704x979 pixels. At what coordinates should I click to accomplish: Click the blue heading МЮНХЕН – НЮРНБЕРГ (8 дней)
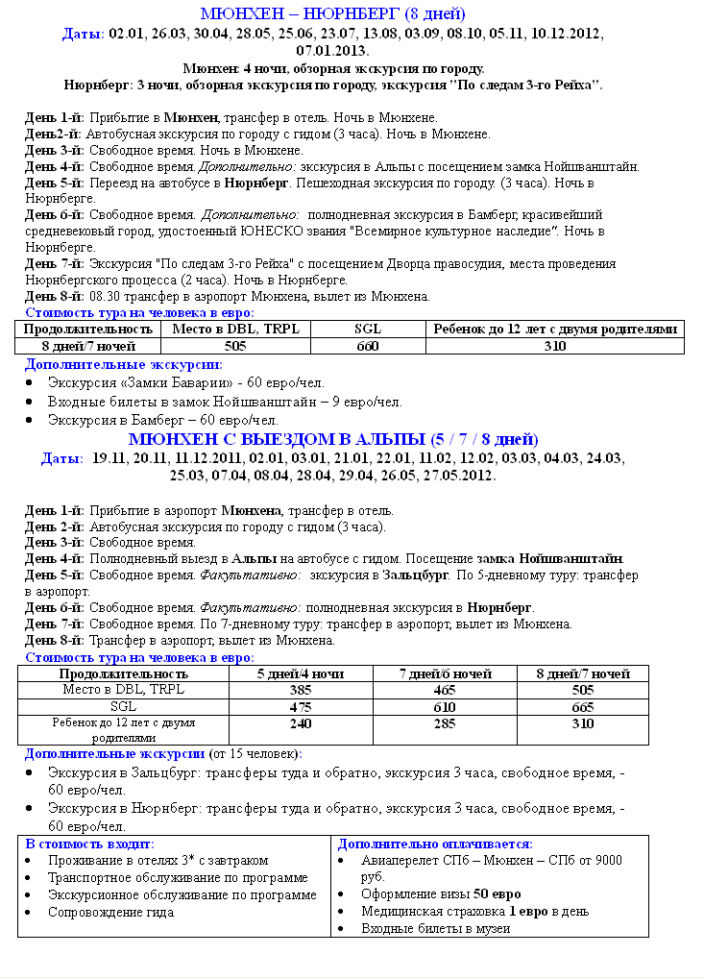[332, 13]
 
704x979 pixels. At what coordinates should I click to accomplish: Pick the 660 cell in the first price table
[368, 346]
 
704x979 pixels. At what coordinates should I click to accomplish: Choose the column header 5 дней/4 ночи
[301, 673]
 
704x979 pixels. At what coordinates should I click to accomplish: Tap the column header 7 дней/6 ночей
[444, 673]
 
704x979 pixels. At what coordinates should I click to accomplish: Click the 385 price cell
[301, 690]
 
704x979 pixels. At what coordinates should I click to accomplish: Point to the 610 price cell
[444, 707]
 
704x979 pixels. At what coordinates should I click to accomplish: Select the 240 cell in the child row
[301, 724]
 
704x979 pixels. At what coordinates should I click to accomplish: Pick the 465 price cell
[444, 690]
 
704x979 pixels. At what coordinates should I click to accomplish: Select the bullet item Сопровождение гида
[111, 912]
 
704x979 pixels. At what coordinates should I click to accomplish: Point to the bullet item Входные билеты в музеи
[435, 929]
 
